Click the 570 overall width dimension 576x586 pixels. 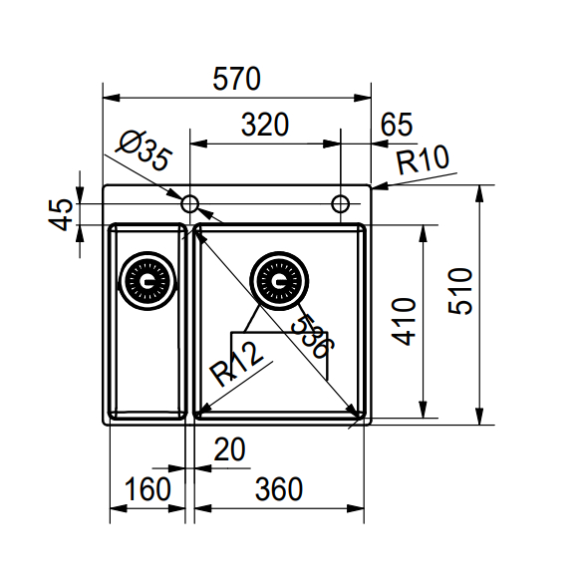(x=236, y=78)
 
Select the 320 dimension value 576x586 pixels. (x=265, y=125)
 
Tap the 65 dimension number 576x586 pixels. (x=396, y=125)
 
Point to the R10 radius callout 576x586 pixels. (x=423, y=159)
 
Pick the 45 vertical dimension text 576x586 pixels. (x=62, y=214)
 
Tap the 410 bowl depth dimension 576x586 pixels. (x=404, y=321)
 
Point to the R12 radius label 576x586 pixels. (x=236, y=364)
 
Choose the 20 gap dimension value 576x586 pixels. (x=229, y=451)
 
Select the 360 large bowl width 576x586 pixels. (x=278, y=489)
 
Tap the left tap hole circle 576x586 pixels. (x=190, y=204)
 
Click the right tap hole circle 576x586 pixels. (x=341, y=204)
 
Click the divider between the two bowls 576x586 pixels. (x=188, y=319)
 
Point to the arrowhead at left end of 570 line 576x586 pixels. (x=111, y=99)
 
